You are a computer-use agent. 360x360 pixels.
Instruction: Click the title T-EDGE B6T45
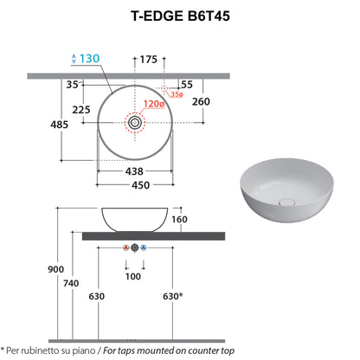(x=180, y=16)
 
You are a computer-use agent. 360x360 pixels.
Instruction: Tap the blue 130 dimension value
(x=89, y=59)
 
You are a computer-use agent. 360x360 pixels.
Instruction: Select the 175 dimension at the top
(x=149, y=60)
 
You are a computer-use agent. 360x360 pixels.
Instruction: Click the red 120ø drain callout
(x=154, y=104)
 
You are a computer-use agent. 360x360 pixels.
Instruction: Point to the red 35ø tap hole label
(x=177, y=94)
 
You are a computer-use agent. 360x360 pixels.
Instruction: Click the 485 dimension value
(x=60, y=125)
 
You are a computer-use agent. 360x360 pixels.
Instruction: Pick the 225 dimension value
(x=81, y=110)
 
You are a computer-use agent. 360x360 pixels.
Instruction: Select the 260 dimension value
(x=201, y=101)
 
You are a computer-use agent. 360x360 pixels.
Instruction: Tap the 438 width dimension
(x=134, y=171)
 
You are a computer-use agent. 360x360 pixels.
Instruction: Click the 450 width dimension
(x=141, y=185)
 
